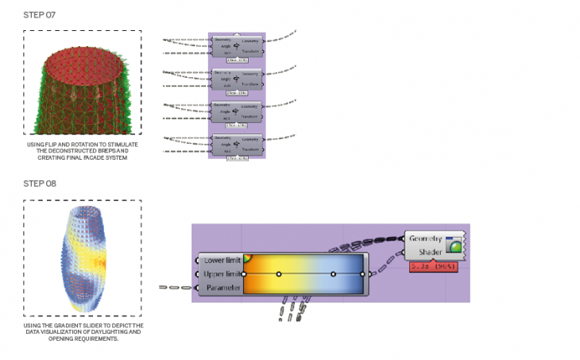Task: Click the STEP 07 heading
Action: (40, 15)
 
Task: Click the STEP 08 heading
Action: (40, 184)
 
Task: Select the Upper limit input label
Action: (219, 274)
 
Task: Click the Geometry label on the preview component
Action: (427, 238)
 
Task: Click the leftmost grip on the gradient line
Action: (245, 274)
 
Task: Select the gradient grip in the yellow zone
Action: (279, 274)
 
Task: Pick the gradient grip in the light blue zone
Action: (334, 274)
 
